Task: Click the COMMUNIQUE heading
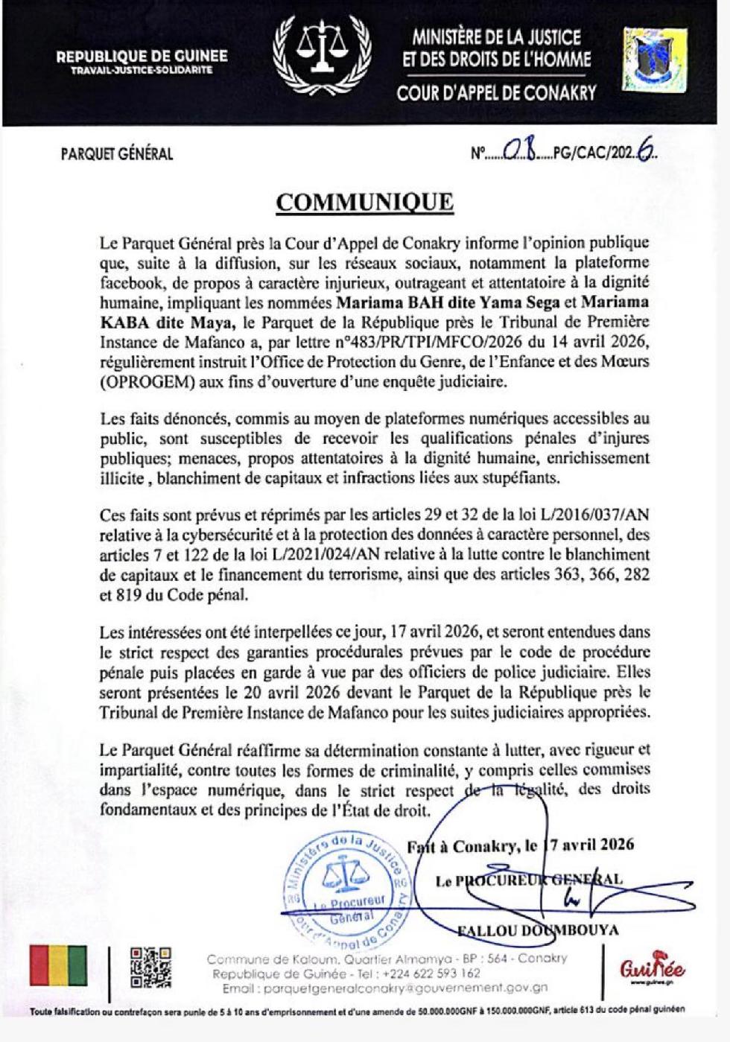coord(364,202)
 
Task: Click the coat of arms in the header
coord(655,60)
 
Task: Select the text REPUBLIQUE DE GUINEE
coord(142,56)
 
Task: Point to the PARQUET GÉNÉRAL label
coord(117,154)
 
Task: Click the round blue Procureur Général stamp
coord(346,891)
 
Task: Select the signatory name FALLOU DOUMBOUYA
coord(537,930)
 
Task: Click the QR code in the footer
coord(150,968)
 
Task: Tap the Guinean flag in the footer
coord(58,965)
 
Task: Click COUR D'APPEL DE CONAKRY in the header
coord(496,93)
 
